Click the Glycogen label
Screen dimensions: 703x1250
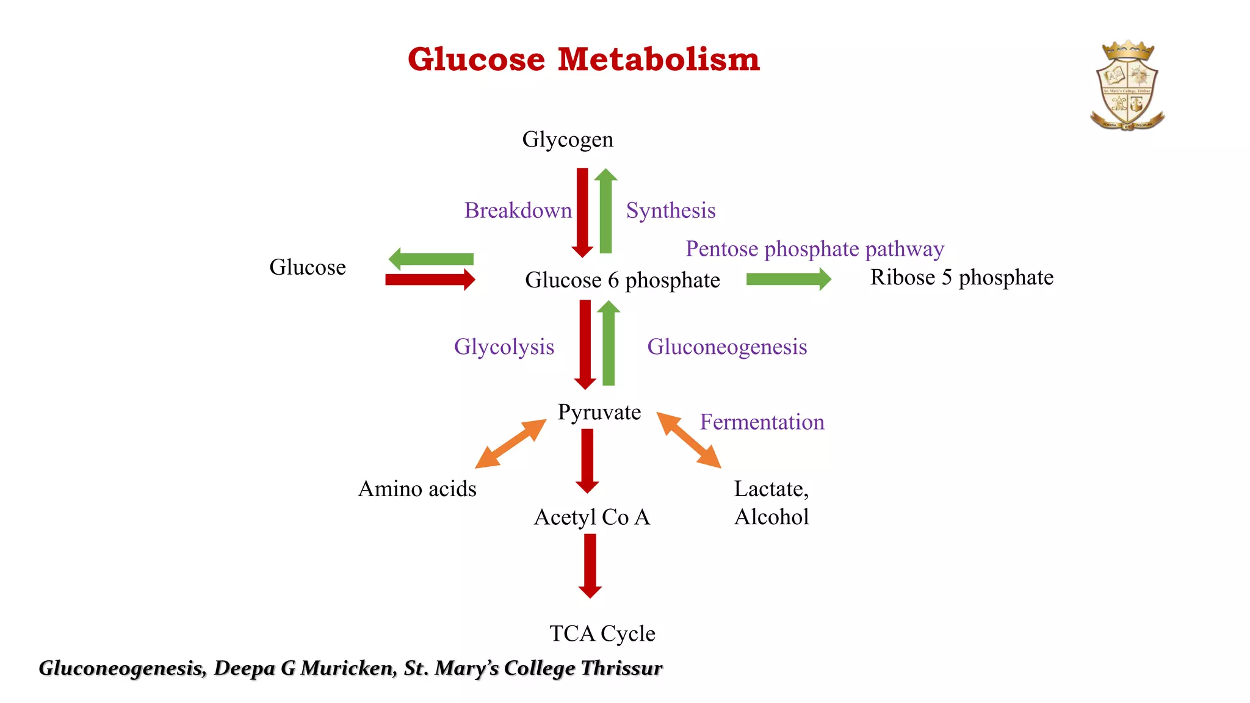[x=568, y=140]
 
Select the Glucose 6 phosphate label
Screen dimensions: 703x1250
[x=623, y=280]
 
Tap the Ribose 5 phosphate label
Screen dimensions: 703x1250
[x=961, y=278]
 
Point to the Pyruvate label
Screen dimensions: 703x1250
[x=599, y=413]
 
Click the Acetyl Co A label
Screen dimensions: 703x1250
[x=592, y=517]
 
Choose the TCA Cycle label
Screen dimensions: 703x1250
[x=602, y=633]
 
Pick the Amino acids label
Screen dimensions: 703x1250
[x=417, y=489]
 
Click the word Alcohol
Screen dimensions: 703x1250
[x=771, y=517]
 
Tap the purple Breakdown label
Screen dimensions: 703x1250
[x=518, y=211]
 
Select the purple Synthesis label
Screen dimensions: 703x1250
[x=671, y=211]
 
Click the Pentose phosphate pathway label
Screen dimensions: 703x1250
[x=815, y=249]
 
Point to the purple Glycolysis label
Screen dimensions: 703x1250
[x=504, y=347]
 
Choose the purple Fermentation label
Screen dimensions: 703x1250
[x=762, y=422]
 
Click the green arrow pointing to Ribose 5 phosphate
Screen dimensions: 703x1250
[x=788, y=279]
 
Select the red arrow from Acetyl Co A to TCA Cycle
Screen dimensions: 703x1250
[x=590, y=565]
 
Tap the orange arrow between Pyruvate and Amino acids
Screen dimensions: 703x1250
[x=511, y=444]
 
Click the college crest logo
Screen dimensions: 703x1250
[x=1127, y=85]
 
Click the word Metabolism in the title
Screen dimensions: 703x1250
[x=659, y=60]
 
